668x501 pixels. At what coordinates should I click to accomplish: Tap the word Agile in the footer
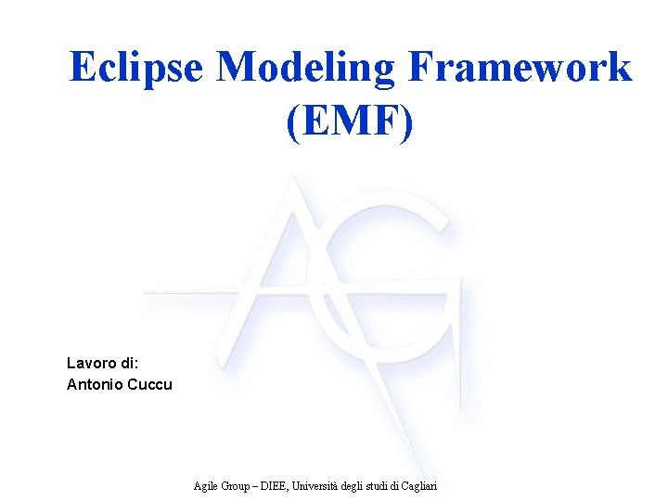[x=206, y=485]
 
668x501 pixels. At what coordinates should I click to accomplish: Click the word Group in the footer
[x=237, y=485]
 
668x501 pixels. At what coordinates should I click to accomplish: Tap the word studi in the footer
[x=383, y=485]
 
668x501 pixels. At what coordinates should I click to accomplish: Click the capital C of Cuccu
[x=136, y=383]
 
